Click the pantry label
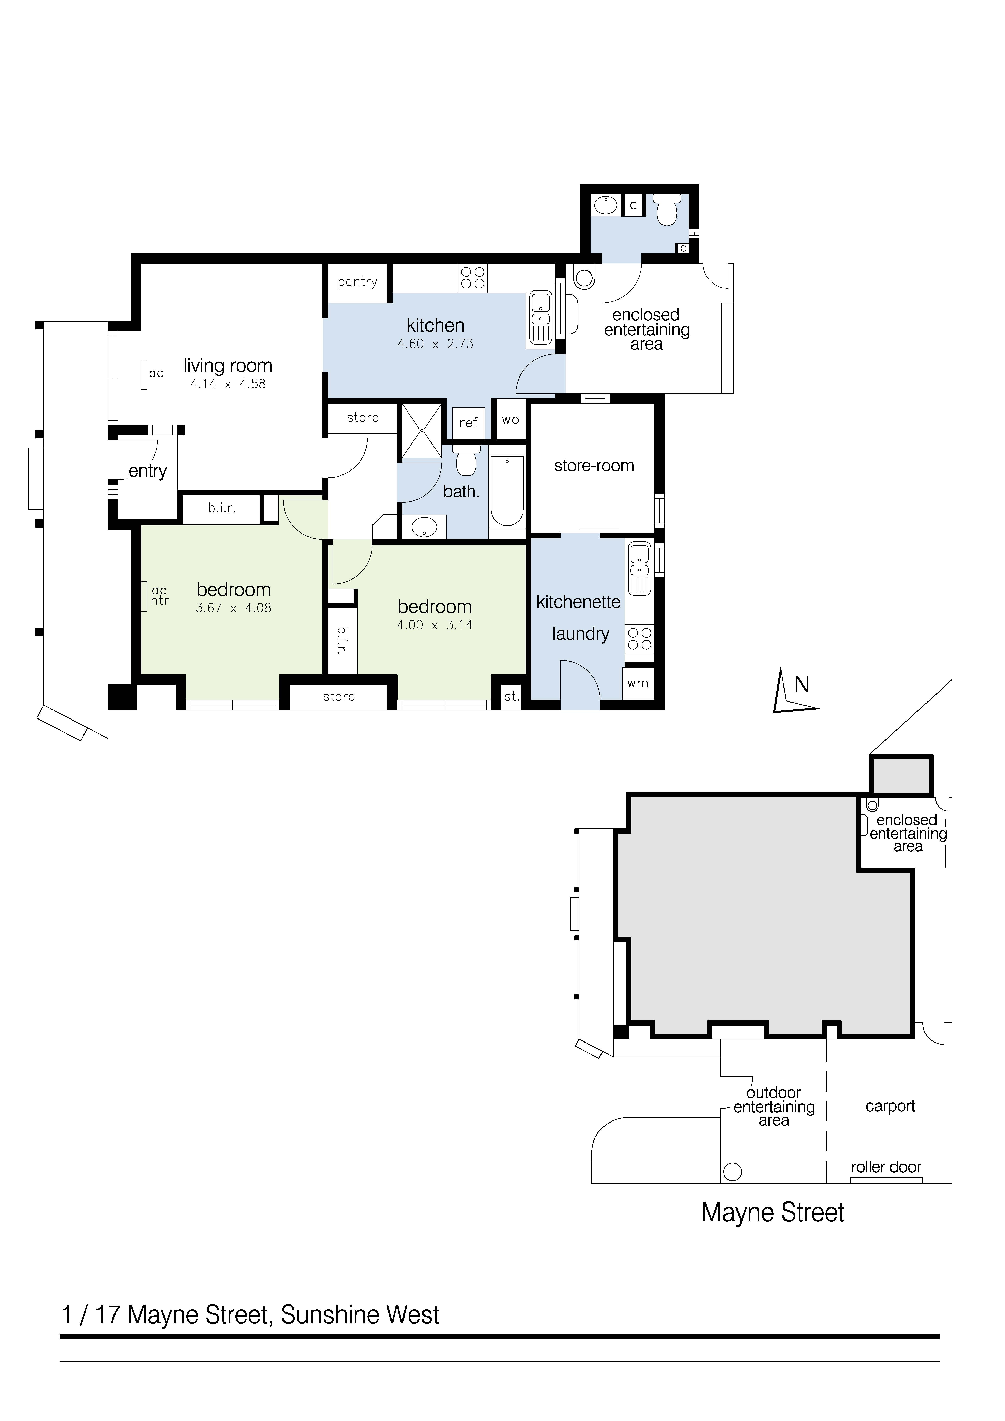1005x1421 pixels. (357, 282)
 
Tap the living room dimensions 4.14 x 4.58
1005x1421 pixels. (228, 384)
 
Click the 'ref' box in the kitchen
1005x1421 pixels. (468, 422)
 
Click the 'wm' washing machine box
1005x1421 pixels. (638, 683)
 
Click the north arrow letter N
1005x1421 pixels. (802, 684)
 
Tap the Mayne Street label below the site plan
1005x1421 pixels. (773, 1212)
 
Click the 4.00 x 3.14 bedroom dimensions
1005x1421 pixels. (435, 625)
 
